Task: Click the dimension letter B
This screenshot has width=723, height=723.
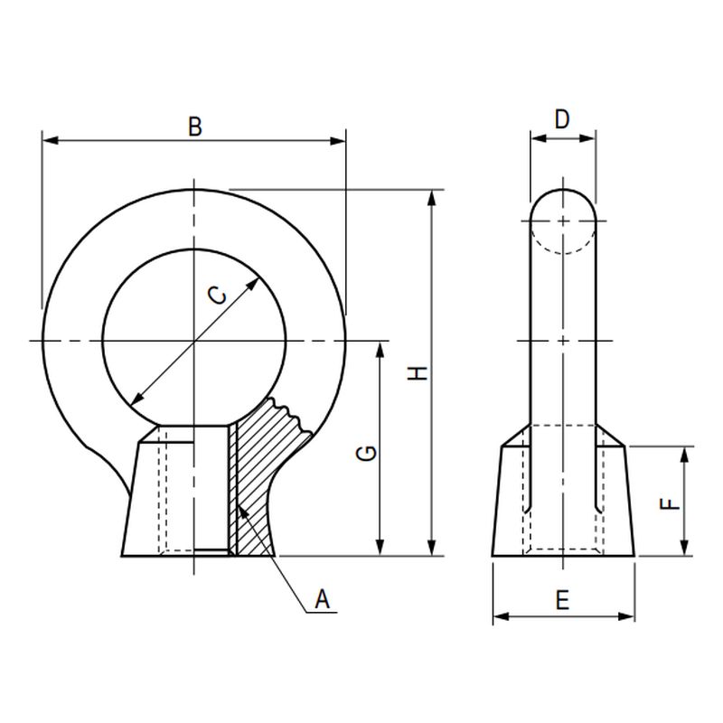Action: pyautogui.click(x=195, y=127)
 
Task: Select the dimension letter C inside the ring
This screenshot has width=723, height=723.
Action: pyautogui.click(x=217, y=296)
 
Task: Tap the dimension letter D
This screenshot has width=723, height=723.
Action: pyautogui.click(x=562, y=119)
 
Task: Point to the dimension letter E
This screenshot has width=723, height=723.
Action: pyautogui.click(x=562, y=600)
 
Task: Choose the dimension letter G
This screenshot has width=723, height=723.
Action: pyautogui.click(x=367, y=454)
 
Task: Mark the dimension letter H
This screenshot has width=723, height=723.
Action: pyautogui.click(x=418, y=373)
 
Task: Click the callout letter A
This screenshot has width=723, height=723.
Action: pyautogui.click(x=323, y=599)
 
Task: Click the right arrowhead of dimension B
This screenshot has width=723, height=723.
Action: pyautogui.click(x=337, y=140)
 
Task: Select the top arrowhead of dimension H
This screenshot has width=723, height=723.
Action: pyautogui.click(x=432, y=198)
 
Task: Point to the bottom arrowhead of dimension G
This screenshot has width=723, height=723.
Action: pyautogui.click(x=380, y=548)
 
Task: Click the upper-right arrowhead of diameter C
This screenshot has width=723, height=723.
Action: pyautogui.click(x=253, y=285)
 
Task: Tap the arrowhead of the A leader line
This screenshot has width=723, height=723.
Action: pyautogui.click(x=244, y=513)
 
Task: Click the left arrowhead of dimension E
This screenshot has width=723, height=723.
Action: pyautogui.click(x=502, y=616)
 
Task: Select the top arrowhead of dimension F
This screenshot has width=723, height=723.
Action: pyautogui.click(x=684, y=455)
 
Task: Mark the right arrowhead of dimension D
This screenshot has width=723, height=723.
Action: pyautogui.click(x=587, y=138)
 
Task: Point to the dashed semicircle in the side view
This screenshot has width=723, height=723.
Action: pyautogui.click(x=562, y=238)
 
